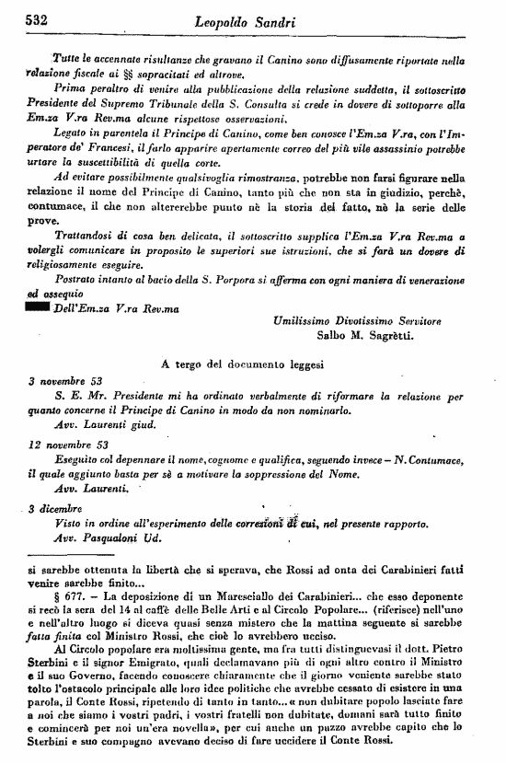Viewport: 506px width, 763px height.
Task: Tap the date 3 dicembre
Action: [54, 507]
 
